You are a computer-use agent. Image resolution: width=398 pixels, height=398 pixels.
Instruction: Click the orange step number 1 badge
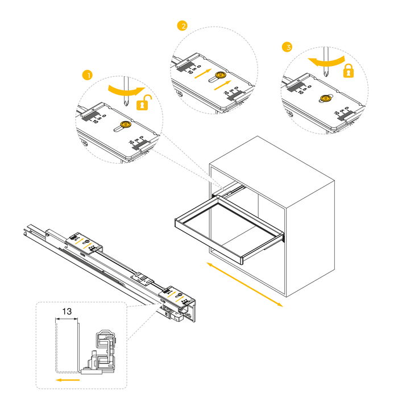pos(87,74)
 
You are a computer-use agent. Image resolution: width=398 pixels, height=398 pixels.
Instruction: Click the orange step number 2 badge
pos(182,26)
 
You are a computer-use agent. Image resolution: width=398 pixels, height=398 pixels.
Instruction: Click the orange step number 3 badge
pos(287,47)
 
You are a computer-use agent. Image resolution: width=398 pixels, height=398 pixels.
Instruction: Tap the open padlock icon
pos(146,103)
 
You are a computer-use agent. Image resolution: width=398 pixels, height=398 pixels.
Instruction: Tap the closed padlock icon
pos(348,71)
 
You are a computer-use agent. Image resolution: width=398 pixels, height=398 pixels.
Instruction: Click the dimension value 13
pos(67,312)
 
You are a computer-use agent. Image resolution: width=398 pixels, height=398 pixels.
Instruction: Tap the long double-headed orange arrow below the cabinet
pos(244,285)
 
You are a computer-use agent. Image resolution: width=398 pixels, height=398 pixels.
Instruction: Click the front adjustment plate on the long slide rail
pos(180,295)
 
